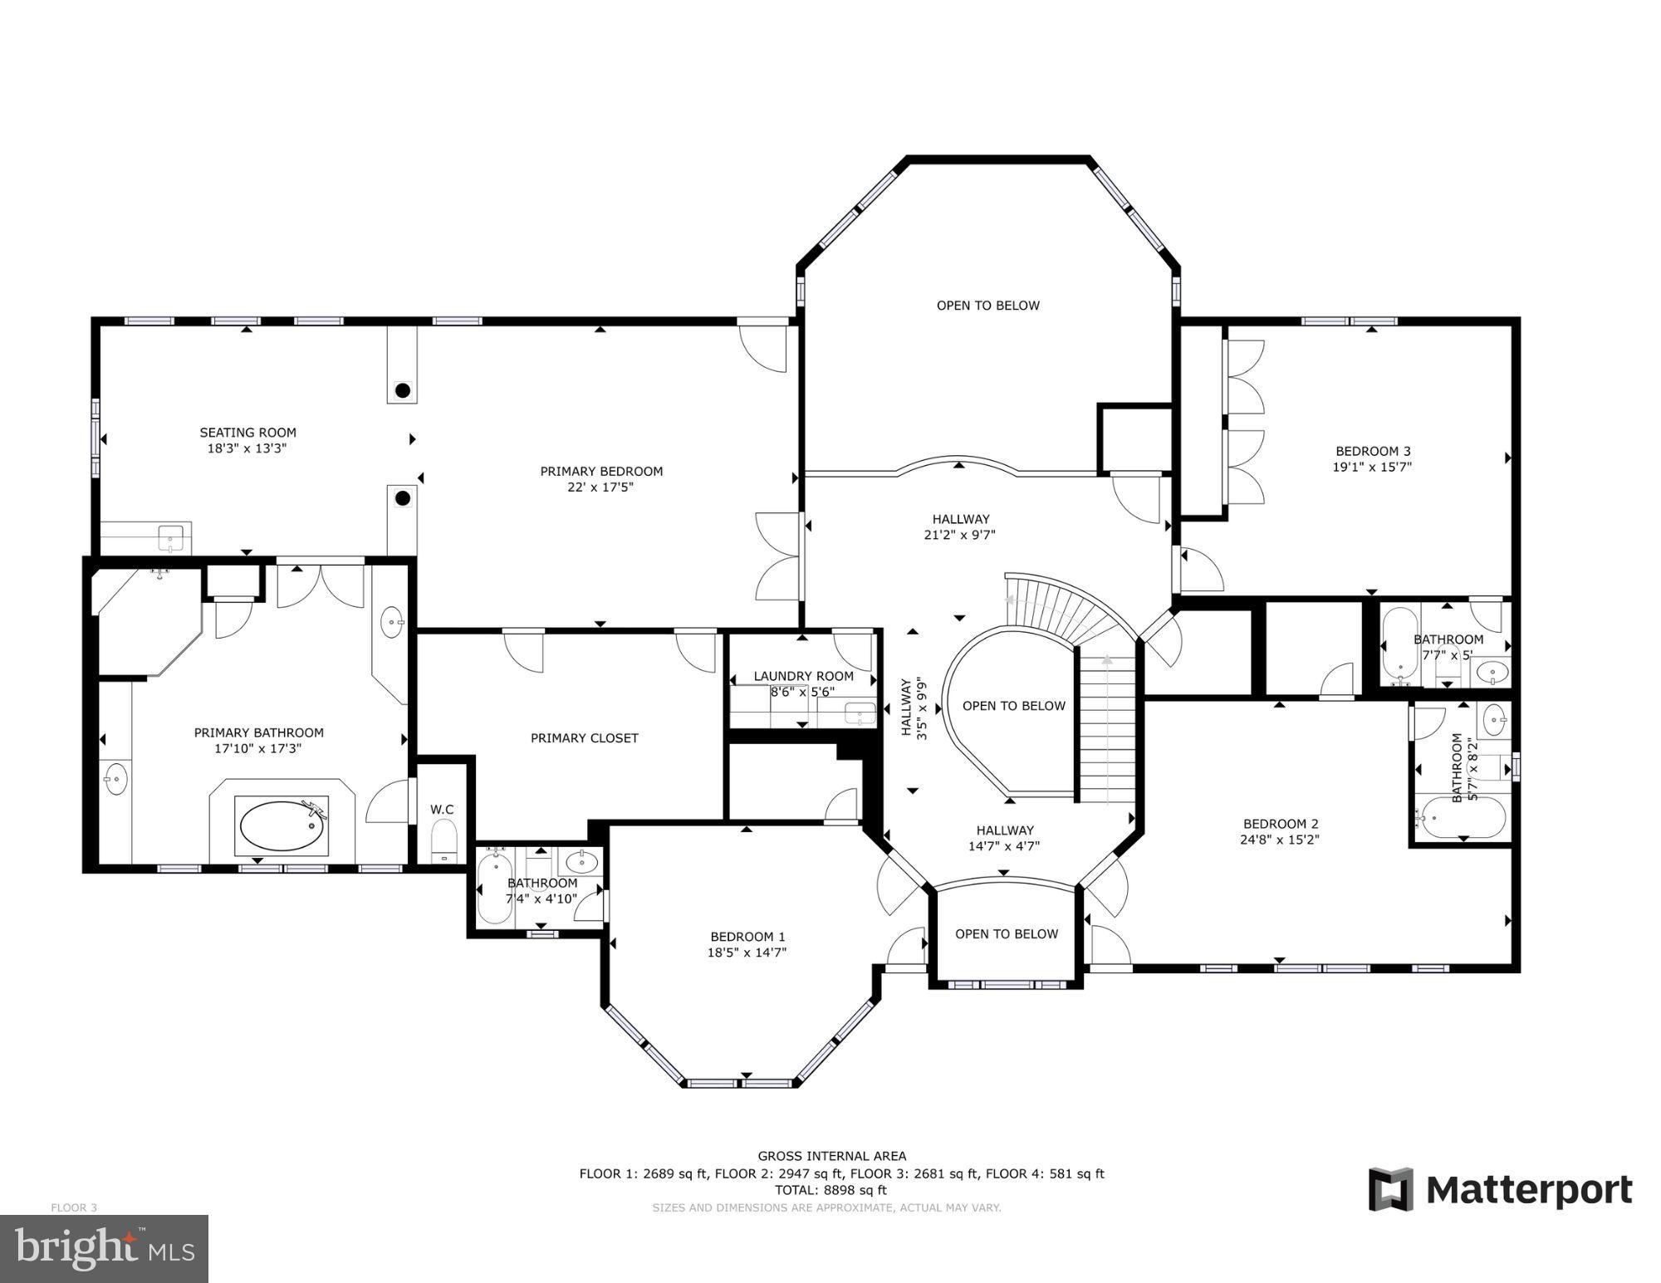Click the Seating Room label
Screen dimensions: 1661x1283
pyautogui.click(x=247, y=433)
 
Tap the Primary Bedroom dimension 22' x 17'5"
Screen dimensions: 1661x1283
pyautogui.click(x=600, y=487)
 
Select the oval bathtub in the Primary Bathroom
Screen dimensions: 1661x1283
pyautogui.click(x=283, y=826)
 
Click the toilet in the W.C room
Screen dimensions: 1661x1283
pyautogui.click(x=444, y=840)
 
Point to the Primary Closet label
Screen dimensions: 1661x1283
pyautogui.click(x=585, y=737)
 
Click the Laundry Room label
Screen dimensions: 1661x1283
pyautogui.click(x=804, y=676)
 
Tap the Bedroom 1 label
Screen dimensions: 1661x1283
pyautogui.click(x=747, y=937)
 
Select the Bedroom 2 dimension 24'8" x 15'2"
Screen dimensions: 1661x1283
pyautogui.click(x=1281, y=840)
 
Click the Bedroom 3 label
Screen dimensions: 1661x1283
pyautogui.click(x=1373, y=451)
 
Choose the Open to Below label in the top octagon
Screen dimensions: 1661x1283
pyautogui.click(x=988, y=306)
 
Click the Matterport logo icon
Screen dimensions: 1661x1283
pyautogui.click(x=1391, y=1190)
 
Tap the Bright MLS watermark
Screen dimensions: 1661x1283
pyautogui.click(x=104, y=1248)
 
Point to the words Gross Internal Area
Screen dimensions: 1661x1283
pyautogui.click(x=832, y=1156)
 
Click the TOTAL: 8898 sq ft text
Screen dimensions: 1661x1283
pyautogui.click(x=831, y=1190)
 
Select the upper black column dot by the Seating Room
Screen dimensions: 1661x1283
pyautogui.click(x=403, y=390)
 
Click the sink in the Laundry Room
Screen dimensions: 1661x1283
pyautogui.click(x=860, y=713)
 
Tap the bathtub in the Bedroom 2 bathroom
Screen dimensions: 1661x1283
pyautogui.click(x=1460, y=817)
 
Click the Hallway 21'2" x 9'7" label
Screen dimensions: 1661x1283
pyautogui.click(x=960, y=527)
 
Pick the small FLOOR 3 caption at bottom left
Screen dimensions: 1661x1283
pyautogui.click(x=74, y=1207)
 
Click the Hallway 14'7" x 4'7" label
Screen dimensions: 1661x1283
pyautogui.click(x=1005, y=838)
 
